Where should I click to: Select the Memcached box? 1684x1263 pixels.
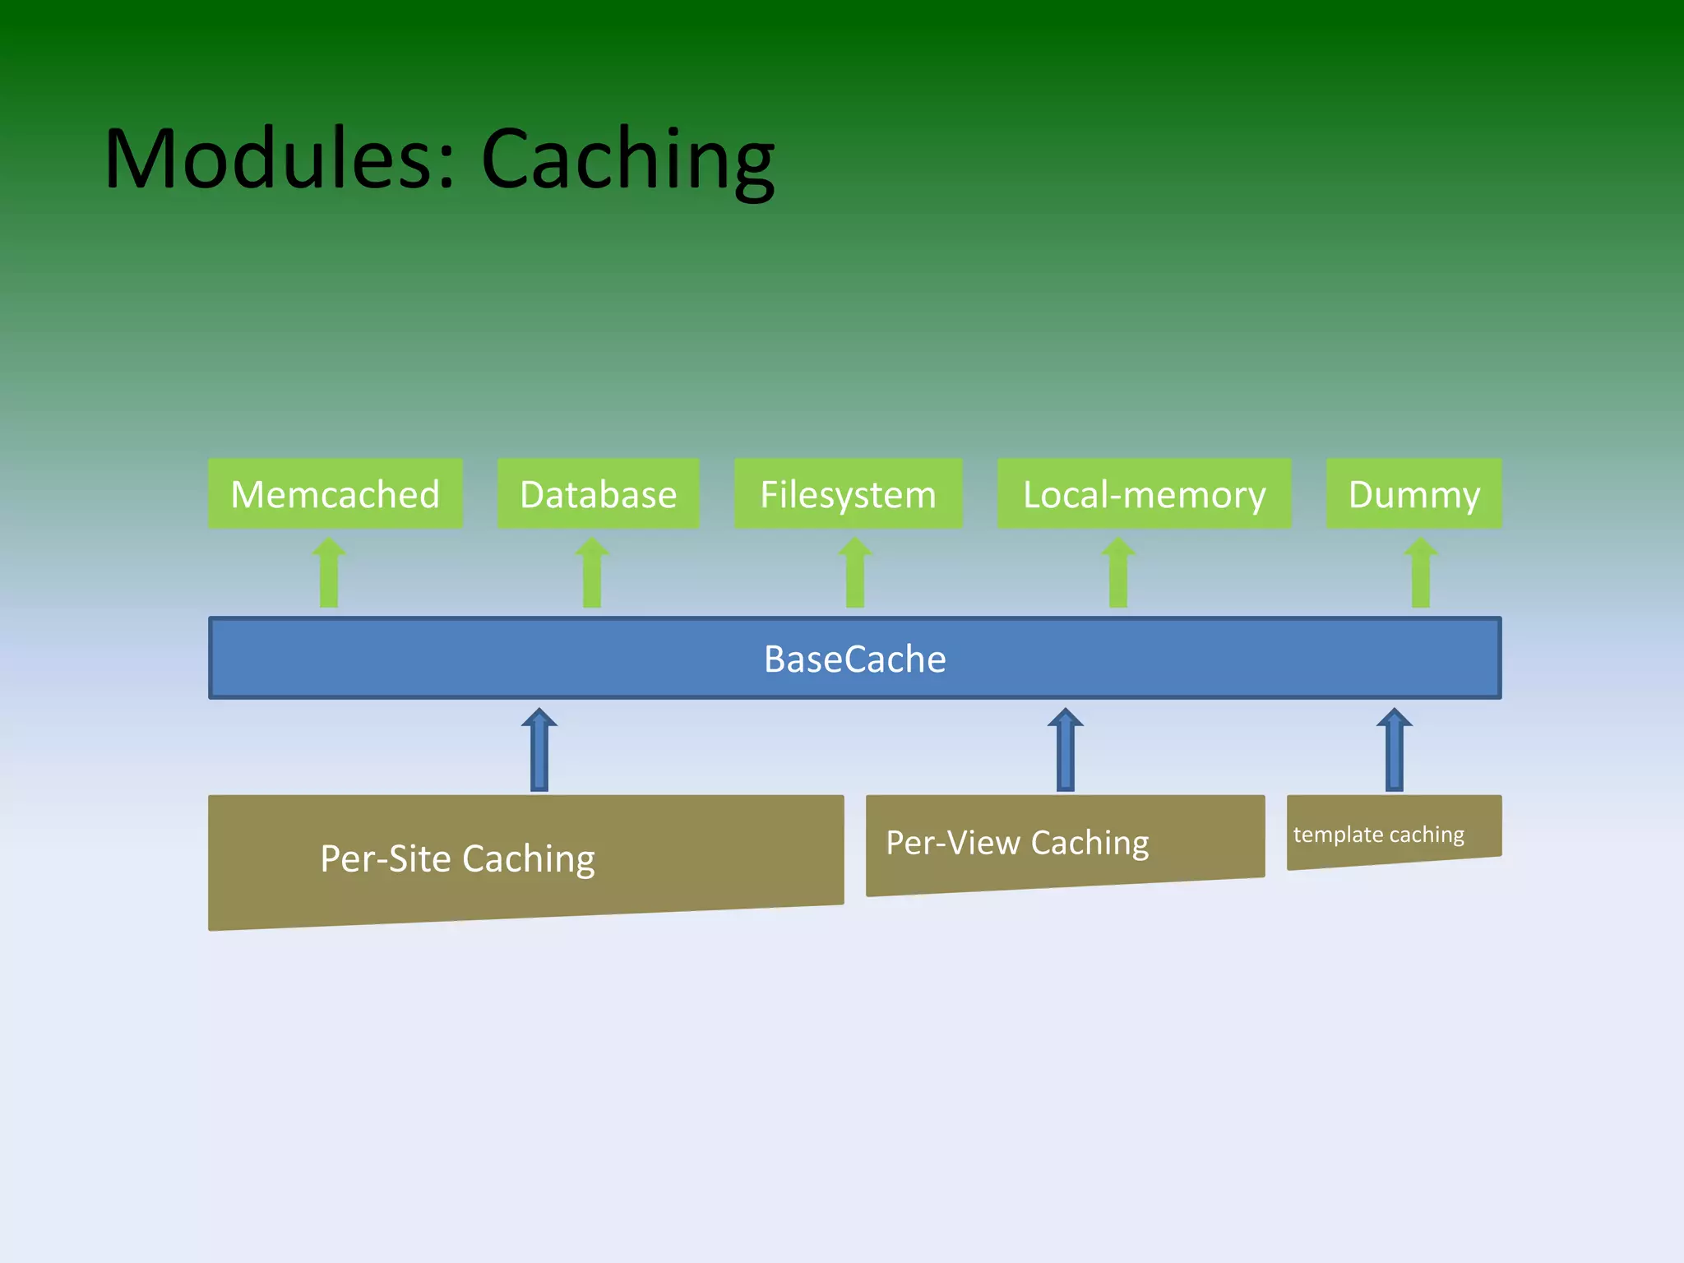click(335, 493)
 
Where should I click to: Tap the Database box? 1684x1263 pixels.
click(598, 493)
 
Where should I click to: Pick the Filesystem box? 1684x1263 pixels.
click(848, 493)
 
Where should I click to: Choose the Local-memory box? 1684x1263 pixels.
click(1144, 493)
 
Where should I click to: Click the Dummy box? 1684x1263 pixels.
click(1413, 493)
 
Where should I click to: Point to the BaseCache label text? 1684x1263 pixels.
click(854, 659)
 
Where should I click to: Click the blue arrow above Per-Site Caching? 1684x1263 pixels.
click(539, 750)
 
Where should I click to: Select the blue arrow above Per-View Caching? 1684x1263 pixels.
click(1066, 750)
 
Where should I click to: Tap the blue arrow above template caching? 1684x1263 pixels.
click(1395, 750)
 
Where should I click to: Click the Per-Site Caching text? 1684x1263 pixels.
click(457, 858)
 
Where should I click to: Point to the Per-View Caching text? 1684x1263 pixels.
click(1017, 843)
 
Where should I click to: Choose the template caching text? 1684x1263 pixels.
click(1378, 835)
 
